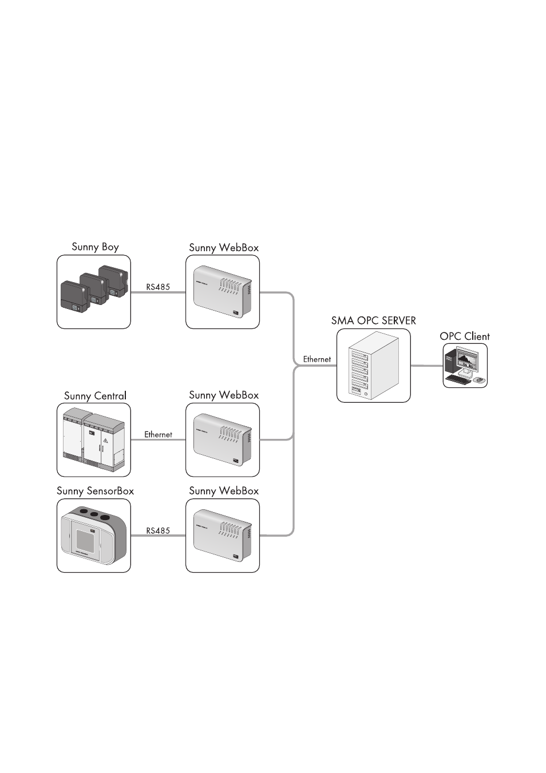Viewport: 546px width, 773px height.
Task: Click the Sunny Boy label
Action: [95, 247]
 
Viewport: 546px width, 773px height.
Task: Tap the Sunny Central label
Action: [95, 395]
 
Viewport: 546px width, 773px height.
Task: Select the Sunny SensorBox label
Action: [95, 491]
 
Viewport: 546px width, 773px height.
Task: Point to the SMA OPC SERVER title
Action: [373, 320]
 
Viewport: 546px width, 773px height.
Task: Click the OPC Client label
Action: [464, 336]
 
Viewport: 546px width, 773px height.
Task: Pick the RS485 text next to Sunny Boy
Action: [158, 287]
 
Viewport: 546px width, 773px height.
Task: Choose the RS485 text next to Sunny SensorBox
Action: [158, 530]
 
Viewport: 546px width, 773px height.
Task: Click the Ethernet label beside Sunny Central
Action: [158, 434]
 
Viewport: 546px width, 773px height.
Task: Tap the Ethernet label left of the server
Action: [317, 359]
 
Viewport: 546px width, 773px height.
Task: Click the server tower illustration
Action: [374, 366]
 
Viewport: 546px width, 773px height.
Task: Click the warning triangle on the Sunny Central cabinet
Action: [105, 441]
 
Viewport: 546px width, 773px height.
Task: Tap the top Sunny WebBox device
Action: [223, 292]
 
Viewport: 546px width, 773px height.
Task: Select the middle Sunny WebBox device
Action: [223, 440]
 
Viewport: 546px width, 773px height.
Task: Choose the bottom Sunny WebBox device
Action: [223, 536]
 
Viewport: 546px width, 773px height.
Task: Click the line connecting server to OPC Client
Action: [426, 366]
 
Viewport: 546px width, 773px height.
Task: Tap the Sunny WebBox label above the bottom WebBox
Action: [224, 491]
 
